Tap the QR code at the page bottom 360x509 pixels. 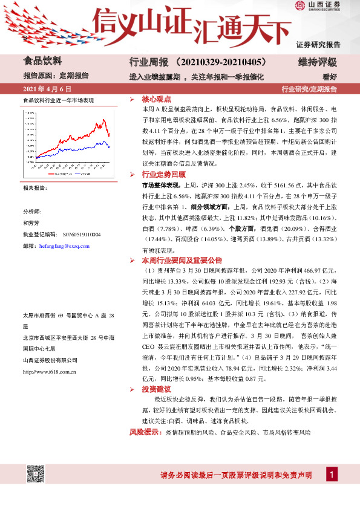(x=37, y=478)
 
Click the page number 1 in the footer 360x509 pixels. (x=331, y=475)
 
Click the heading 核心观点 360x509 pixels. (x=156, y=98)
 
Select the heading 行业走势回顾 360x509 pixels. (x=160, y=174)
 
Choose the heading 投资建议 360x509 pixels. (x=156, y=389)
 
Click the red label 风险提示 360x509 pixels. (x=143, y=433)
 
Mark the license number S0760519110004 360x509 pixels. (x=82, y=234)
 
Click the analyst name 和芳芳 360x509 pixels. (x=30, y=222)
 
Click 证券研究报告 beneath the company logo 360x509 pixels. (x=319, y=44)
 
